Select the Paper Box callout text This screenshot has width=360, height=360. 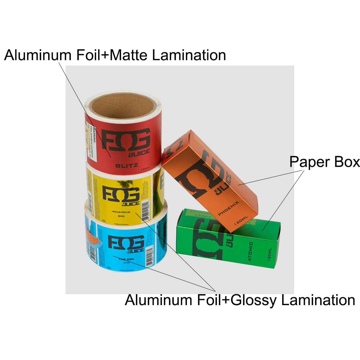coord(324,162)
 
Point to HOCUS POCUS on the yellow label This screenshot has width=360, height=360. coord(121,212)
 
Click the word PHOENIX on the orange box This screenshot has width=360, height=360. coord(229,208)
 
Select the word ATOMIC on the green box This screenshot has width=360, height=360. coord(250,251)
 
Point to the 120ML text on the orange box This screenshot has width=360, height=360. coord(241,220)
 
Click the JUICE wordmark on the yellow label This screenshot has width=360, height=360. coord(130,204)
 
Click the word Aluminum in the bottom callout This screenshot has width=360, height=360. coord(158,300)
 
